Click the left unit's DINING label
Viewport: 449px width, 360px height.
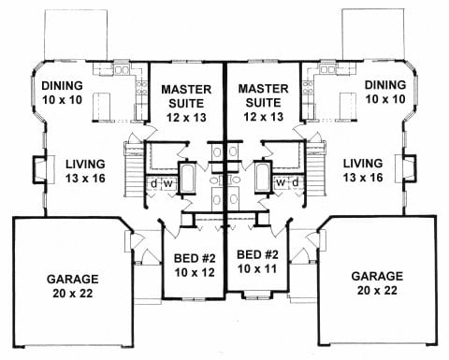coord(63,93)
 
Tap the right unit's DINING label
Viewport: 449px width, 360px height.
coord(385,92)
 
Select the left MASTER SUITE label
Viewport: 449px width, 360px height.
coord(186,104)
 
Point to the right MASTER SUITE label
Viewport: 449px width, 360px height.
coord(264,103)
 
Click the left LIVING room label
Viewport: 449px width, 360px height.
coord(85,171)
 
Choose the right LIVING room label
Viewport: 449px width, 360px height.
coord(363,170)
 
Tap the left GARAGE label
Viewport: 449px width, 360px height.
coord(73,286)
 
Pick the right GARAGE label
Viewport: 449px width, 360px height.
coord(377,283)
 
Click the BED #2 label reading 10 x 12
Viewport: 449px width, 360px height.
coord(195,266)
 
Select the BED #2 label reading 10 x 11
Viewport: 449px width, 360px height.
coord(257,262)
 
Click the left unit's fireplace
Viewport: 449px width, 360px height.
coord(40,169)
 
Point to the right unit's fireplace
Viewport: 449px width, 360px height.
coord(409,169)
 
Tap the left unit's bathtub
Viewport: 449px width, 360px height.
coord(187,178)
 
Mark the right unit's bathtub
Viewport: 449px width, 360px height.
coord(264,177)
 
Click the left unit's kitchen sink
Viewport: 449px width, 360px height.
coord(122,70)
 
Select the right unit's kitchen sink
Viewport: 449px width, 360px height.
coord(328,69)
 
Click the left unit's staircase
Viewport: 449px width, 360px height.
coord(135,170)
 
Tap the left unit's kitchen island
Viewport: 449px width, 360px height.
coord(102,106)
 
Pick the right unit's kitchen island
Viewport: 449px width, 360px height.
coord(348,106)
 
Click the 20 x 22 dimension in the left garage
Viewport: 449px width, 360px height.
coord(73,294)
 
